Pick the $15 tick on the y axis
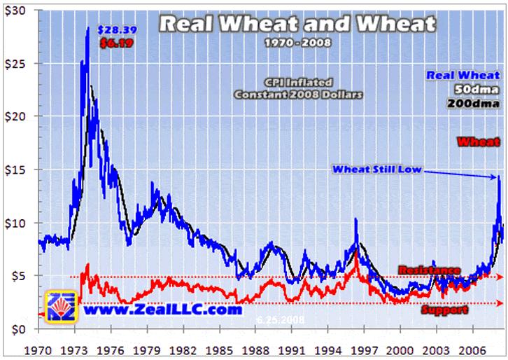(15, 169)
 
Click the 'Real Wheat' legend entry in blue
(463, 76)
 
